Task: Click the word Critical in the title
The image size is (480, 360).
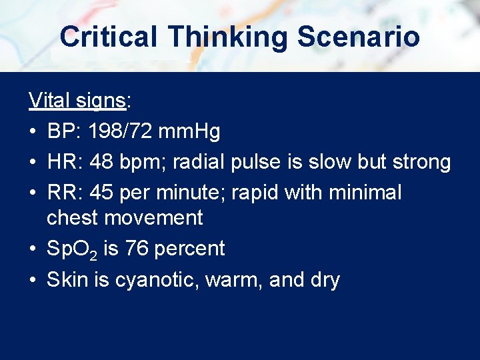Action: point(108,37)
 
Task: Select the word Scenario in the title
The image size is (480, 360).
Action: point(358,37)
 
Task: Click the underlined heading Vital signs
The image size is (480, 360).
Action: point(77,101)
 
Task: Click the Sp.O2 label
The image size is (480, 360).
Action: point(73,249)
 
